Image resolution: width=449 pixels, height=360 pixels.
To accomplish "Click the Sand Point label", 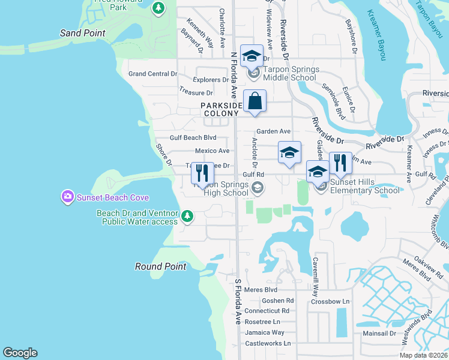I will (x=83, y=33).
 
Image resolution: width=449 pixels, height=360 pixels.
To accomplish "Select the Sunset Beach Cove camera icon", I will (x=68, y=196).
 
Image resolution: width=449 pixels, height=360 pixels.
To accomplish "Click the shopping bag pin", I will (x=255, y=101).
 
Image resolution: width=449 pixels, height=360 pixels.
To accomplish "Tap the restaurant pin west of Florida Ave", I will (x=202, y=173).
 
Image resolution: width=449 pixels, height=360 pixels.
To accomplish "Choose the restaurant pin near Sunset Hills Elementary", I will (x=340, y=163).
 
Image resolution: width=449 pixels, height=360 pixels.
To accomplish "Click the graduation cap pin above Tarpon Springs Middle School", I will (x=252, y=56).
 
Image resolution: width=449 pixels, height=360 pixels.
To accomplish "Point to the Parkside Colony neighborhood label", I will (x=221, y=109).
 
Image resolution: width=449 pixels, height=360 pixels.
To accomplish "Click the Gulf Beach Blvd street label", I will (x=193, y=137).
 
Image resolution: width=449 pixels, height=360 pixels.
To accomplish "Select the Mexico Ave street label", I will (x=212, y=151).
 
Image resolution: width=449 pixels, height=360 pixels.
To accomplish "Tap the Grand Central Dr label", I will (x=153, y=74).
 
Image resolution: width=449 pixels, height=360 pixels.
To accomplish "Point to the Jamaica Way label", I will (x=265, y=332).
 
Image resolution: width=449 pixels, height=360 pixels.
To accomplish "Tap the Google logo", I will (x=19, y=353).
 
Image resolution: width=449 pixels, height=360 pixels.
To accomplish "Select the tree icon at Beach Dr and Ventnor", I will (x=187, y=215).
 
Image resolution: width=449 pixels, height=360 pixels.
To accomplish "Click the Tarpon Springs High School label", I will (x=220, y=188).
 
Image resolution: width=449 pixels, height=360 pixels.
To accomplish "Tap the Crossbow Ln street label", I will (x=330, y=301).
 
